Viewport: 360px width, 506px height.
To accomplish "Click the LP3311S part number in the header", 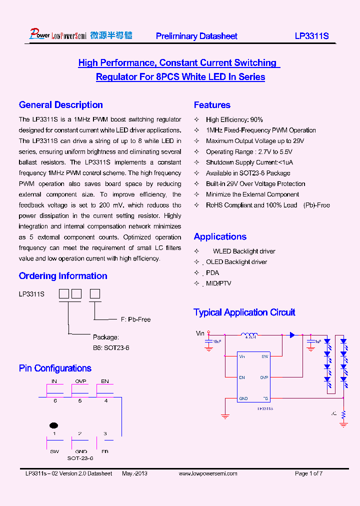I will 311,36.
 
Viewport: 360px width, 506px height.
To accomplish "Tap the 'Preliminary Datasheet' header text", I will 196,36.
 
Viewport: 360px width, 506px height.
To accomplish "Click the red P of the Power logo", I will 33,34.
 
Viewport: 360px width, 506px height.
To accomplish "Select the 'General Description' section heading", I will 60,105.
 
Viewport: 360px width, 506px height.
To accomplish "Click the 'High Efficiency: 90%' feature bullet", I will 234,119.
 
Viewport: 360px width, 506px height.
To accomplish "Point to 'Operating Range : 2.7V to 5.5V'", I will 249,151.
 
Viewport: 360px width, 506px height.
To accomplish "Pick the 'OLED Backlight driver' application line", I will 236,262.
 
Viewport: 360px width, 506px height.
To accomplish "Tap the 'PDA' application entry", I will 212,272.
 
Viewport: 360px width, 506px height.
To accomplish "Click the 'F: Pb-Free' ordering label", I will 135,319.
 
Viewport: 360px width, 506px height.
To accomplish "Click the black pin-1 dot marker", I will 53,425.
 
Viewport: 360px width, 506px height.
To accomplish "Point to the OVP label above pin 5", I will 80,381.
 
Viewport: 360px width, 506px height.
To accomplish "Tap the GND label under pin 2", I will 80,451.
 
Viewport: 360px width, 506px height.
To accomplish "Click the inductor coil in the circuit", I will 249,335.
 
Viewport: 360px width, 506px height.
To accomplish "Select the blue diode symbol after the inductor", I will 292,335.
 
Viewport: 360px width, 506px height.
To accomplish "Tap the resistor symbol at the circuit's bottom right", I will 343,414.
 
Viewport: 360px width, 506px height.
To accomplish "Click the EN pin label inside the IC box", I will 242,377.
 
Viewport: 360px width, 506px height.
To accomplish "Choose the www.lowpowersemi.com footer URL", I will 208,473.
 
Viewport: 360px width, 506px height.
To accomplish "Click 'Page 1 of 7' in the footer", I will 308,473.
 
